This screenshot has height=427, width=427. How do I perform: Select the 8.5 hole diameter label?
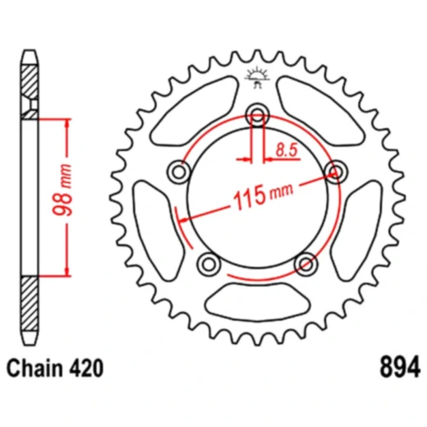287,149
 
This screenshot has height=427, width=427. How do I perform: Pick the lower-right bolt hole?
305,263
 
